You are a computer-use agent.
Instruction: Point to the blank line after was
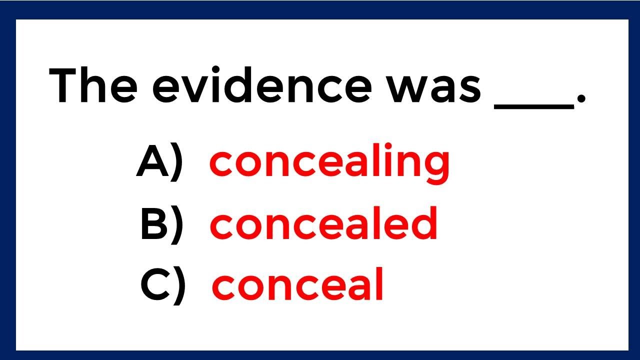point(533,105)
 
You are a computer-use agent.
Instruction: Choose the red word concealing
point(329,163)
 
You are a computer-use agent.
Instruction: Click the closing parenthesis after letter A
point(176,163)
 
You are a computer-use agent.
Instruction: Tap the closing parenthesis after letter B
point(176,225)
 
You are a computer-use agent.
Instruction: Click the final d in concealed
point(424,223)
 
